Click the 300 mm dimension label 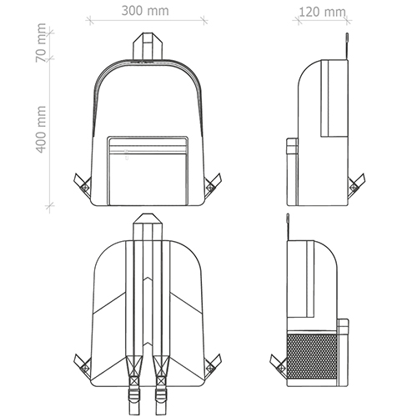pos(145,11)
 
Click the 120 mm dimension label pos(322,12)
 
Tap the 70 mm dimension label pos(41,43)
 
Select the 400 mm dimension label pos(41,129)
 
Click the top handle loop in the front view pos(148,46)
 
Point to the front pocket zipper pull pos(127,155)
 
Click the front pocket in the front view pos(148,171)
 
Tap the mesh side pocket pos(312,357)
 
